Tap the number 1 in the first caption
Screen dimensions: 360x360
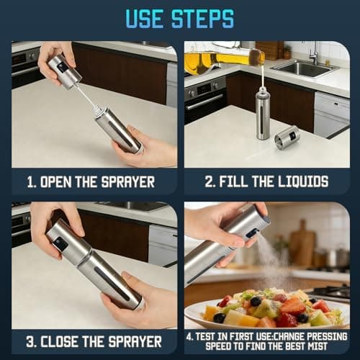(31, 182)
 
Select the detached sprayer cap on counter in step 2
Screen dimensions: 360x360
(287, 137)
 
